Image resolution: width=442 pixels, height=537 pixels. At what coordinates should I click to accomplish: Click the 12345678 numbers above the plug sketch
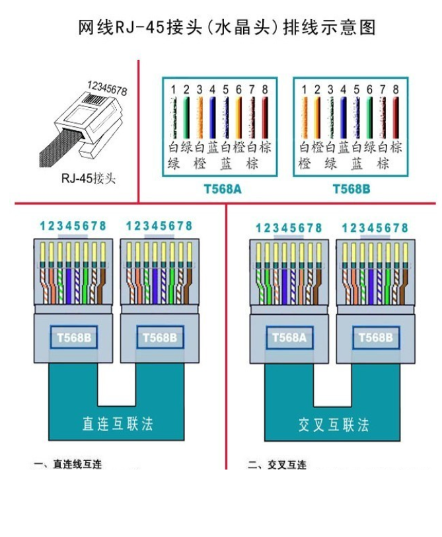click(107, 88)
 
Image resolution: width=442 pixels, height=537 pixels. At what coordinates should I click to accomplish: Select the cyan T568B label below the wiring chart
click(350, 189)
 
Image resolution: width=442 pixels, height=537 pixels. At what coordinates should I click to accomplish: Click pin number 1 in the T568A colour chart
click(173, 89)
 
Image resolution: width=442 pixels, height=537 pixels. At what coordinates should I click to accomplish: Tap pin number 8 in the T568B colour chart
click(395, 89)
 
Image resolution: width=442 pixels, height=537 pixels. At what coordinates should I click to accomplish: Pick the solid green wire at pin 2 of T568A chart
click(186, 118)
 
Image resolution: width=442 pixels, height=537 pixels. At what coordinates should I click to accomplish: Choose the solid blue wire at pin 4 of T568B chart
click(343, 118)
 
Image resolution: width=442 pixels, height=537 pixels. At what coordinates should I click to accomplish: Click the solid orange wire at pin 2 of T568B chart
click(317, 118)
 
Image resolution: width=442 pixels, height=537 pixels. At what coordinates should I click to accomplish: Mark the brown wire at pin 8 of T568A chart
click(265, 118)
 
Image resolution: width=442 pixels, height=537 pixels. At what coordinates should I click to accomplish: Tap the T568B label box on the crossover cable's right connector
click(375, 337)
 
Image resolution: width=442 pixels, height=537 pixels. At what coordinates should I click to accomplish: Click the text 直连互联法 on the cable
click(117, 423)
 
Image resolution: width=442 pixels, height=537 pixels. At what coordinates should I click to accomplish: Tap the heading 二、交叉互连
click(277, 464)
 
